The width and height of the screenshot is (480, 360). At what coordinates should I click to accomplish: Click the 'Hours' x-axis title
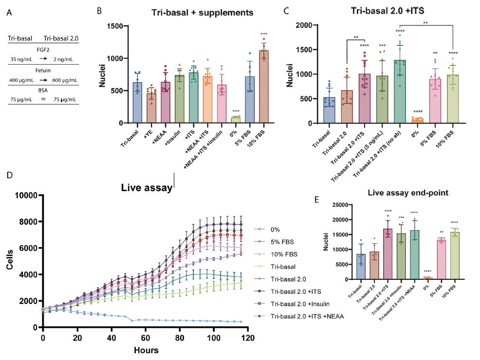[147, 349]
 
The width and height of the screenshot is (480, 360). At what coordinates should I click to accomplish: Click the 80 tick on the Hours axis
[181, 337]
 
